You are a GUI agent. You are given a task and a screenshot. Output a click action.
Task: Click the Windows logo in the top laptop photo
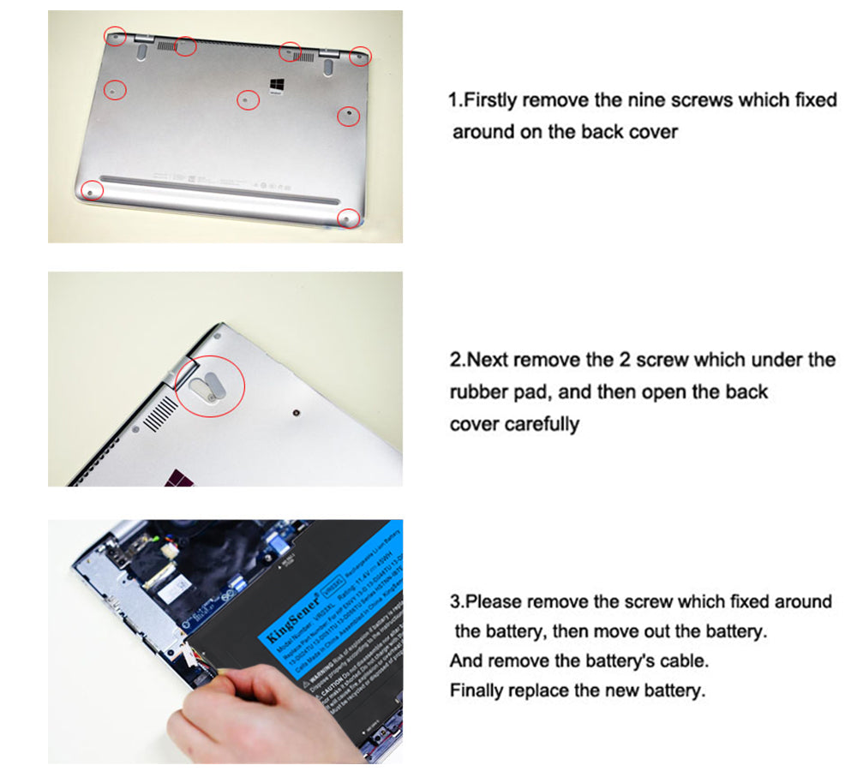[x=278, y=86]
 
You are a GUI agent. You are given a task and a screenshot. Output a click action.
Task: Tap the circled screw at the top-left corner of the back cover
[x=115, y=35]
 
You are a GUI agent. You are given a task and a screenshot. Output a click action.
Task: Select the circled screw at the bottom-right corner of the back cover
[x=347, y=218]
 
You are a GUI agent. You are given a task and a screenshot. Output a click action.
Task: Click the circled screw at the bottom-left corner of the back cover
[x=91, y=190]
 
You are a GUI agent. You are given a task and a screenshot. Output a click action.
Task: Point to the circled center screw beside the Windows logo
[x=248, y=100]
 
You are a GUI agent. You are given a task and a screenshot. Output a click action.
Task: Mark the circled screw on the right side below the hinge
[x=348, y=115]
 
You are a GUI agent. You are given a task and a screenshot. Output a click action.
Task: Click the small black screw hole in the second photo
[x=295, y=414]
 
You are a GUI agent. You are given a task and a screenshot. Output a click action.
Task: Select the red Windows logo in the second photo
[x=181, y=476]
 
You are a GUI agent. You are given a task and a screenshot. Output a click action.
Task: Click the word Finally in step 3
[x=478, y=690]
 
